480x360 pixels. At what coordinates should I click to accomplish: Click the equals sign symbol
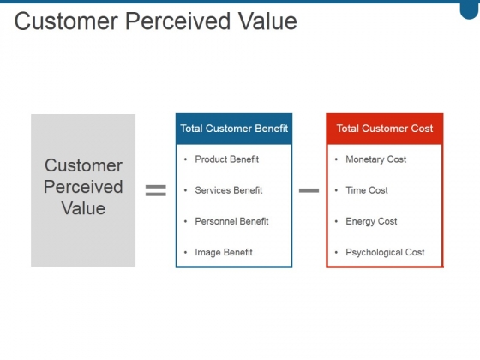click(155, 190)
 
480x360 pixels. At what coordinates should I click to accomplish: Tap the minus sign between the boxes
click(309, 190)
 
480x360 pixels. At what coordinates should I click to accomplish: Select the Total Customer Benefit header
click(234, 129)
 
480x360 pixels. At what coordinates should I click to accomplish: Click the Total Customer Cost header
click(385, 129)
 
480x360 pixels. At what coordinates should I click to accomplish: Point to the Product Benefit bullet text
click(227, 159)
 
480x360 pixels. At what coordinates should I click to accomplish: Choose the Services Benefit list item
click(229, 190)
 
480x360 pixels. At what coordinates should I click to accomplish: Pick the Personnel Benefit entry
click(231, 221)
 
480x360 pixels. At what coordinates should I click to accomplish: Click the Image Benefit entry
click(224, 252)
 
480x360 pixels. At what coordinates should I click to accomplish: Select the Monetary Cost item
click(376, 159)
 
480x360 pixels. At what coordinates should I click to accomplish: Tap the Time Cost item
click(367, 190)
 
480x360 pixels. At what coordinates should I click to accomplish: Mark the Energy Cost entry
click(371, 221)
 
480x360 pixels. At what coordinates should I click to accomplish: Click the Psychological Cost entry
click(385, 253)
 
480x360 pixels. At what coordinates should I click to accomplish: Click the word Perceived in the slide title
click(177, 21)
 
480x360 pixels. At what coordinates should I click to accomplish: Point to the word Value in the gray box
click(84, 208)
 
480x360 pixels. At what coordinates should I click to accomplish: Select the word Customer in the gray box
click(83, 165)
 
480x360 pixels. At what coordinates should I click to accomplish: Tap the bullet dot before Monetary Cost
click(336, 159)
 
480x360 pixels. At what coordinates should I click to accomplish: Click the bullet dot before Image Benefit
click(185, 253)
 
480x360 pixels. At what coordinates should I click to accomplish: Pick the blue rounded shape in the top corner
click(470, 9)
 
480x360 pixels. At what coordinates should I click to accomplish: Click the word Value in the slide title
click(267, 21)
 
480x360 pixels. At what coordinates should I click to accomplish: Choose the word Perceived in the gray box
click(83, 187)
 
